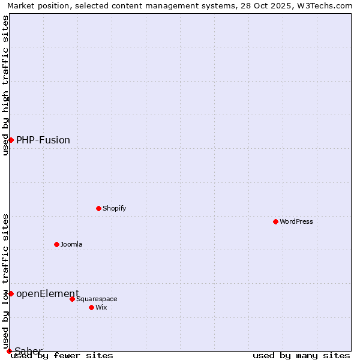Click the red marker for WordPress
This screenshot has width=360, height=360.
pos(275,221)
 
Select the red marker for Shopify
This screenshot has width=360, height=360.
pos(98,208)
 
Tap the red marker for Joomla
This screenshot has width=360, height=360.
pos(56,244)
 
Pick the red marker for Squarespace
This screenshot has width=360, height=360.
pos(72,299)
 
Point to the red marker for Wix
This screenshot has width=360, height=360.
pos(91,307)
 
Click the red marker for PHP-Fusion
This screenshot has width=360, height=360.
pos(11,140)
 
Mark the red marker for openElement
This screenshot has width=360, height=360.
pos(11,293)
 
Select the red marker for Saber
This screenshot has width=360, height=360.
pos(9,351)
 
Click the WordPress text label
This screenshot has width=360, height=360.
pos(296,221)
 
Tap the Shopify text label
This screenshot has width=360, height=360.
pos(114,208)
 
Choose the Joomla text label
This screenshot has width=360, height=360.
pos(71,244)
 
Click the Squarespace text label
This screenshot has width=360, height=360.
pos(97,299)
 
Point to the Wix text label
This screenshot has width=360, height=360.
pos(101,307)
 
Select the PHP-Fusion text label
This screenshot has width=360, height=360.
pos(43,140)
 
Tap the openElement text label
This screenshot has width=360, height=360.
pos(47,293)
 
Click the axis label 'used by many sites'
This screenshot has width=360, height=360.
pos(301,355)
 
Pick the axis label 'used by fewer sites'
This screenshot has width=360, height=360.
pos(62,355)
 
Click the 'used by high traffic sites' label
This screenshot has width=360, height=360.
pos(5,85)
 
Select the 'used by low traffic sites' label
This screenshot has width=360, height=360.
pos(5,281)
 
